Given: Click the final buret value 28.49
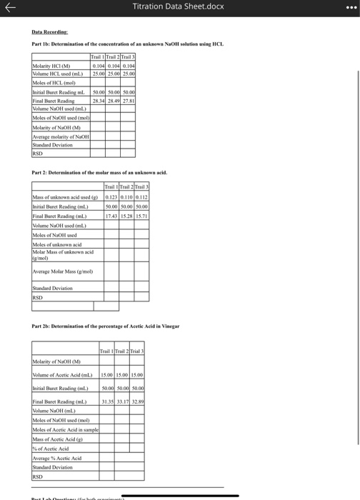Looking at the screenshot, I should pyautogui.click(x=114, y=101).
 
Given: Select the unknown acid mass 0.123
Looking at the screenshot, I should pyautogui.click(x=111, y=196).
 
